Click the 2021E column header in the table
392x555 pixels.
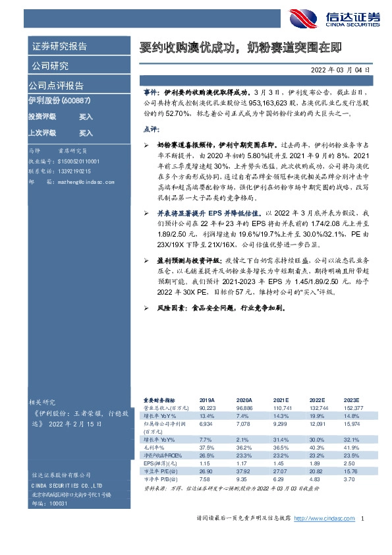coord(281,399)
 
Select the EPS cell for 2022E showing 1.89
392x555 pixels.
coord(317,464)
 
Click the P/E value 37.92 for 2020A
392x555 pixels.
coord(244,472)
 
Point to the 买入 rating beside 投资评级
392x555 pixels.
coord(86,117)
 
